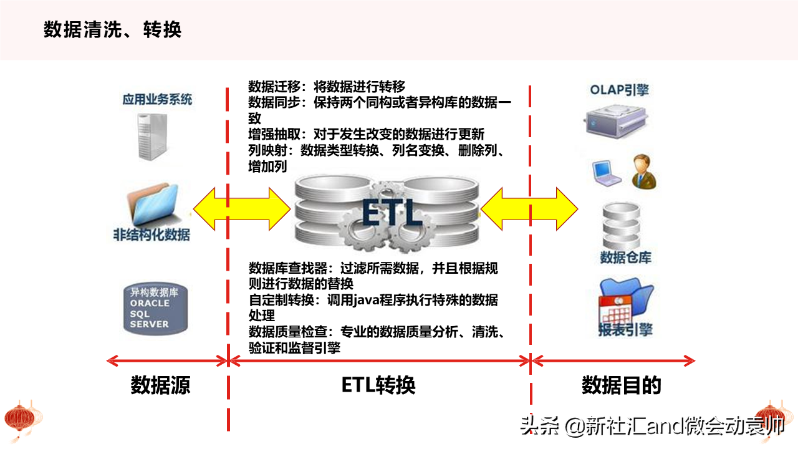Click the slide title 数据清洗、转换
113,29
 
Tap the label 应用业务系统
157,99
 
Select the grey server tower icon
153,137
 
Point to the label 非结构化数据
151,235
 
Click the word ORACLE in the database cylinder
150,303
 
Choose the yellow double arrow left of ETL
242,209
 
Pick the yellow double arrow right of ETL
529,209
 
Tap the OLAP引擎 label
620,90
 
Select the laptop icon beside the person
607,173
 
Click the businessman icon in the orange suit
644,171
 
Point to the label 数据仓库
625,258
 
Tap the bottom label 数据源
161,385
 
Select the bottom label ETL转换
378,385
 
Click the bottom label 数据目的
622,385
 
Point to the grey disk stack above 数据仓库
622,226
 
